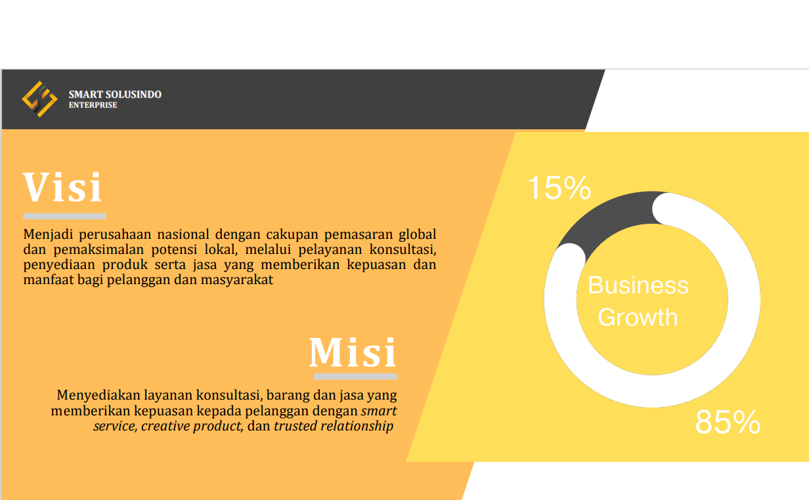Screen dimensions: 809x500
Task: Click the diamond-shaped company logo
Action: pyautogui.click(x=39, y=99)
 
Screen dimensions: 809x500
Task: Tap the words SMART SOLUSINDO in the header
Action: pyautogui.click(x=115, y=94)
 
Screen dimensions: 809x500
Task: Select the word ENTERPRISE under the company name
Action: pyautogui.click(x=93, y=105)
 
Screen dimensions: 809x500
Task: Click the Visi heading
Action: pyautogui.click(x=62, y=187)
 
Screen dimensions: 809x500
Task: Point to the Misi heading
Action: pyautogui.click(x=353, y=352)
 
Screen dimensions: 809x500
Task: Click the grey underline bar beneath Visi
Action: pyautogui.click(x=64, y=217)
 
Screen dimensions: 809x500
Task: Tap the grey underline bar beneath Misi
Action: pyautogui.click(x=355, y=377)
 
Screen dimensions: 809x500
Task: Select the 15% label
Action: pyautogui.click(x=559, y=188)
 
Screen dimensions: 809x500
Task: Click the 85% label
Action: pyautogui.click(x=728, y=422)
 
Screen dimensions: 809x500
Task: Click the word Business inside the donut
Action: pyautogui.click(x=638, y=285)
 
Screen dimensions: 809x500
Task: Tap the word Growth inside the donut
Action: pyautogui.click(x=638, y=318)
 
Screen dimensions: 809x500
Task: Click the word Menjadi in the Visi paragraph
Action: pyautogui.click(x=48, y=235)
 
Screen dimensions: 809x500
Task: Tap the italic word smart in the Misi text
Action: pyautogui.click(x=379, y=411)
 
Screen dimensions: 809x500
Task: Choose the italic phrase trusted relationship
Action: pyautogui.click(x=334, y=426)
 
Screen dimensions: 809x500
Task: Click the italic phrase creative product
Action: pyautogui.click(x=192, y=427)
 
